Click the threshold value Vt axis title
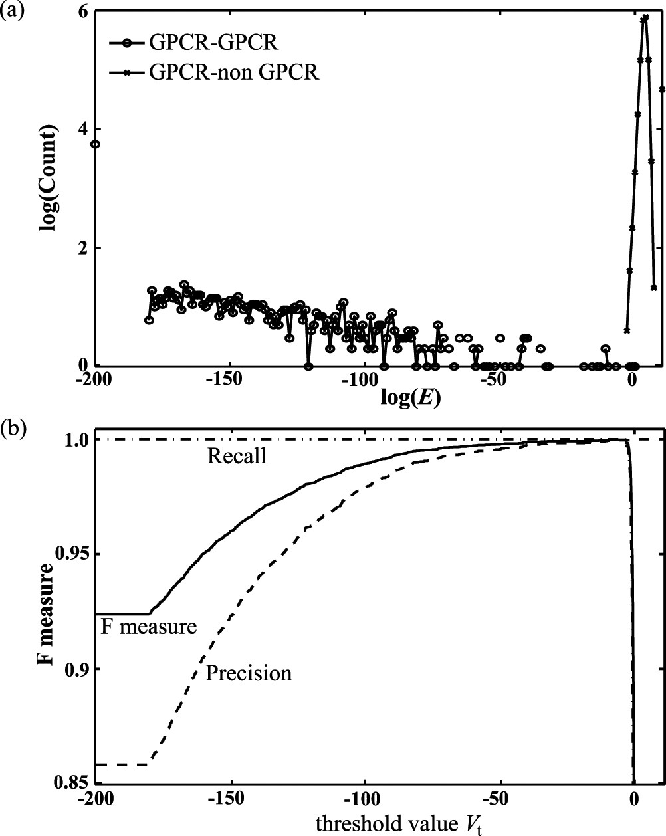click(x=398, y=823)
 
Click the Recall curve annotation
click(x=237, y=456)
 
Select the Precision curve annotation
click(x=248, y=673)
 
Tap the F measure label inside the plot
click(x=148, y=626)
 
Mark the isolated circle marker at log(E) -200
click(x=96, y=144)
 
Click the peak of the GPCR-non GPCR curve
click(x=645, y=18)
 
